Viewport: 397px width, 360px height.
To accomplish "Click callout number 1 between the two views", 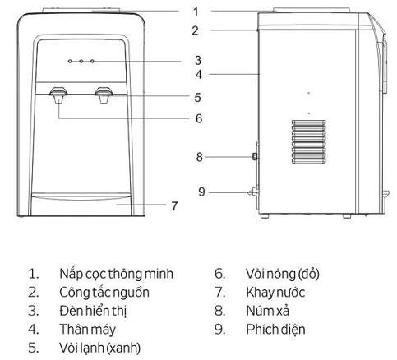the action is [x=195, y=12].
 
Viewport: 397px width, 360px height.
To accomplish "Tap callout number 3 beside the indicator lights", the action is [x=198, y=60].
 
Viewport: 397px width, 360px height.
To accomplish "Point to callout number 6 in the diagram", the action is [x=199, y=118].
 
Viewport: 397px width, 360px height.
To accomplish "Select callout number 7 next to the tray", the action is [x=174, y=206].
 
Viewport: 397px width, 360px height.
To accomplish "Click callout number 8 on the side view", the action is [x=200, y=157].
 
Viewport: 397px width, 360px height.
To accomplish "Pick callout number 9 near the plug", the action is [x=201, y=192].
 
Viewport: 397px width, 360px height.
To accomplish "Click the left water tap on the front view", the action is [x=58, y=95].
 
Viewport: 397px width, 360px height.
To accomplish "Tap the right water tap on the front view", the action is [x=104, y=95].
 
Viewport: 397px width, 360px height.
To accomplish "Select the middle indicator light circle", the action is [x=81, y=61].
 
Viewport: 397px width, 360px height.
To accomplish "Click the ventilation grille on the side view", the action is [x=308, y=142].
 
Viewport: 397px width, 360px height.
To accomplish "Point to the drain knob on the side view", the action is [x=255, y=157].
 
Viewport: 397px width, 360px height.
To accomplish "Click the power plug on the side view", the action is [x=254, y=192].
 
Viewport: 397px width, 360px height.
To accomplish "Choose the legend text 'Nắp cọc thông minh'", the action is [x=117, y=274].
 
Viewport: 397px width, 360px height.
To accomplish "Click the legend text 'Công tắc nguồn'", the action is [x=104, y=293].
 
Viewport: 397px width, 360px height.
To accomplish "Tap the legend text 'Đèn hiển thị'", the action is [x=93, y=312].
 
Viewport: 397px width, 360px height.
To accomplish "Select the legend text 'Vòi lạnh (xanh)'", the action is [x=100, y=348].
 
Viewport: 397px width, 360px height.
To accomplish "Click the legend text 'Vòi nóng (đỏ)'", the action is [x=283, y=274].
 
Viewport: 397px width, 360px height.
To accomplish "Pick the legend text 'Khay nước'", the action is [x=275, y=293].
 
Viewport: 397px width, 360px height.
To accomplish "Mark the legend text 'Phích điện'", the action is [x=275, y=330].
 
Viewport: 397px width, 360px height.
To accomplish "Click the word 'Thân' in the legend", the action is [x=73, y=329].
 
